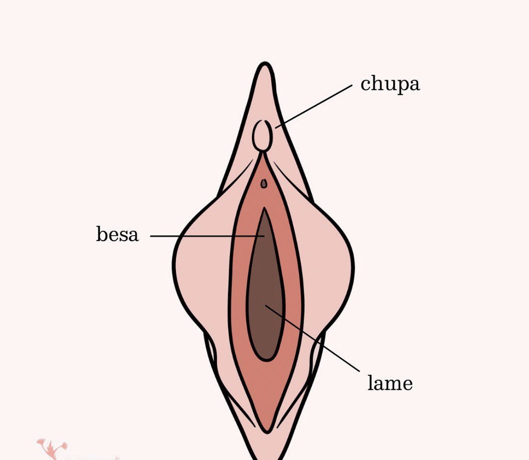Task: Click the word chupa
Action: tap(390, 84)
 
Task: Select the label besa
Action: tap(117, 235)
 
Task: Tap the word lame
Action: tap(390, 383)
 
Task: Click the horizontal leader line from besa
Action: tap(204, 236)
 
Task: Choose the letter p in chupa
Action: tap(401, 86)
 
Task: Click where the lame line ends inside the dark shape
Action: tap(265, 305)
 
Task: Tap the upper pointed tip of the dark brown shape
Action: tap(264, 209)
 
